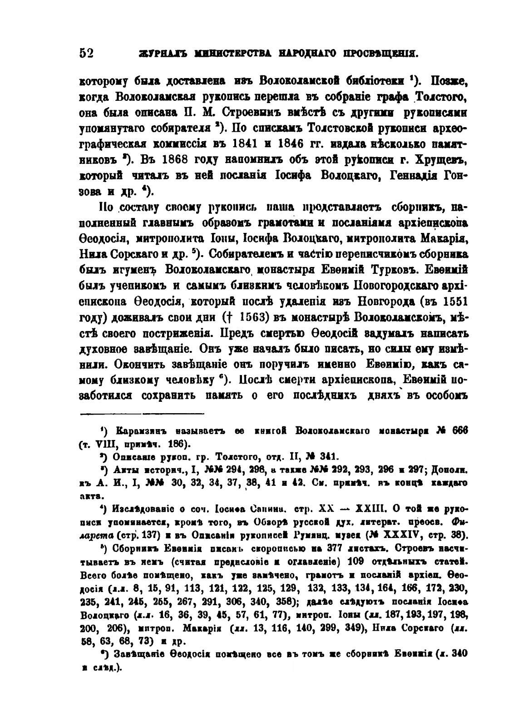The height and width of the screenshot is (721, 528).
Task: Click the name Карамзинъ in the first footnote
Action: (x=139, y=430)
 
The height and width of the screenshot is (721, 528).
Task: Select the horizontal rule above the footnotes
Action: (x=143, y=413)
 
